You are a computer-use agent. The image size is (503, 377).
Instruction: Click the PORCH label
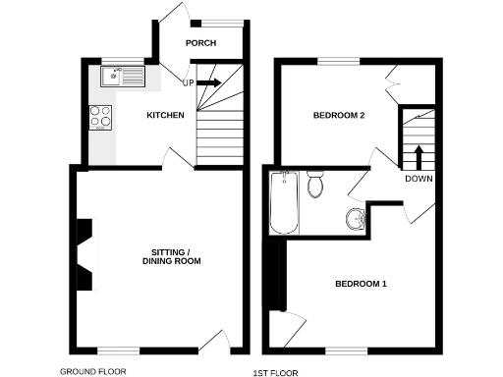[x=200, y=42]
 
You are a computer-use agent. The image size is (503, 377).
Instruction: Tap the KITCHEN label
[x=165, y=116]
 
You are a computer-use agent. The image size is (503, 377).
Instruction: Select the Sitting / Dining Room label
[x=171, y=255]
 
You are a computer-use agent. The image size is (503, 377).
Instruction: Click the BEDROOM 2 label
[x=339, y=116]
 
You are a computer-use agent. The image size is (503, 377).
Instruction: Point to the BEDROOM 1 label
[x=361, y=285]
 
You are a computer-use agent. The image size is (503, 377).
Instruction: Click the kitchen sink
[x=124, y=75]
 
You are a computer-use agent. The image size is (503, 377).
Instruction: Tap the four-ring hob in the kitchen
[x=102, y=117]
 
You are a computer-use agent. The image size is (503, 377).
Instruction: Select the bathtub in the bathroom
[x=284, y=203]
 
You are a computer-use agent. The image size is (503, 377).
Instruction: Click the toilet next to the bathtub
[x=315, y=184]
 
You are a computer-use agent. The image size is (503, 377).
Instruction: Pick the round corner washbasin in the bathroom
[x=356, y=219]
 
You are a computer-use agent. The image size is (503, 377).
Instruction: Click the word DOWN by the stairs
[x=418, y=179]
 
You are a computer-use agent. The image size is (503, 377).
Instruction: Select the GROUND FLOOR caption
[x=93, y=372]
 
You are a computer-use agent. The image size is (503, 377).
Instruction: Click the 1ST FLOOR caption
[x=275, y=373]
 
